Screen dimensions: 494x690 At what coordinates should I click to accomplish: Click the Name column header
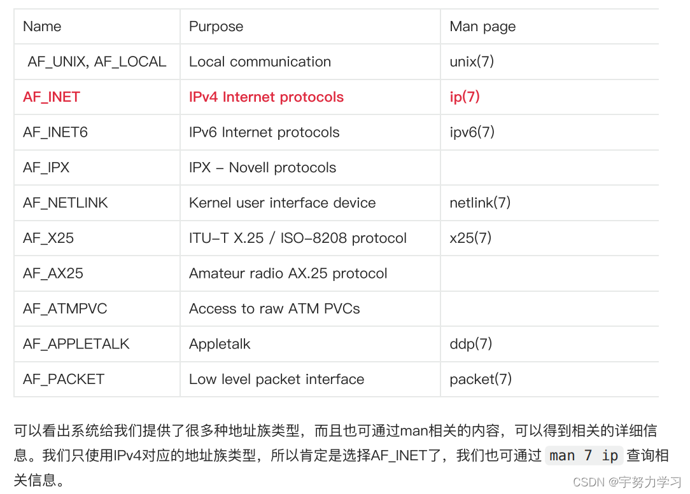(42, 27)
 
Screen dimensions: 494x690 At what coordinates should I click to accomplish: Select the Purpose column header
(216, 27)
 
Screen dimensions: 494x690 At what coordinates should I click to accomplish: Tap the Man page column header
(482, 27)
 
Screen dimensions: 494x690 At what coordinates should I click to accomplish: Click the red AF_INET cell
(52, 97)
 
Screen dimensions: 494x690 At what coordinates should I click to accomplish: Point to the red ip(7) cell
(465, 97)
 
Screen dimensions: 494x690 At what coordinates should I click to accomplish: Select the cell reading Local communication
(260, 62)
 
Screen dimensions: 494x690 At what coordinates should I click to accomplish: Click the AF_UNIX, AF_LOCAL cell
(97, 62)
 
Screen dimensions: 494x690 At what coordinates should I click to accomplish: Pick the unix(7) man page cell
(472, 62)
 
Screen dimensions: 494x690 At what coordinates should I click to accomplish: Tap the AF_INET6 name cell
(55, 132)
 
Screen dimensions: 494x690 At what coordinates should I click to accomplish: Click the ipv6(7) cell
(472, 132)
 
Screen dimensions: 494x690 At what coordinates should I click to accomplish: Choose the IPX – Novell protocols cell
(262, 168)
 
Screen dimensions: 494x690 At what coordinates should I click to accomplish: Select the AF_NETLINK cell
(66, 203)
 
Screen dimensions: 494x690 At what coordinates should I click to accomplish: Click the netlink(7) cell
(480, 203)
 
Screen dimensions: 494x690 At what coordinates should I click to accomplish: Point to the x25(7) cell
(470, 238)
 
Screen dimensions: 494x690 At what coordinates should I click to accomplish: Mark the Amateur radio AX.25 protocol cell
(288, 273)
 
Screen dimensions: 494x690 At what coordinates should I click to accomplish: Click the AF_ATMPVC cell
(65, 309)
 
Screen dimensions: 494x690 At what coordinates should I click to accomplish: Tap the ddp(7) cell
(471, 344)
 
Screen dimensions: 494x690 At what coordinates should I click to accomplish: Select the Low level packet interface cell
(276, 380)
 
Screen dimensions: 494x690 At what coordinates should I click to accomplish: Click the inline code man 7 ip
(584, 456)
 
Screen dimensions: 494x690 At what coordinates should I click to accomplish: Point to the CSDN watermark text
(626, 482)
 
